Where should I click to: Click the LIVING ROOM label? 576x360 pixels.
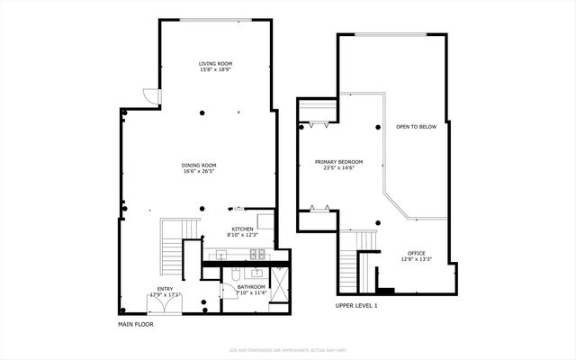click(x=215, y=63)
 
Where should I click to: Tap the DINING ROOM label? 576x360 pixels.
click(x=199, y=165)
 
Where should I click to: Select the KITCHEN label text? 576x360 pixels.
click(x=243, y=229)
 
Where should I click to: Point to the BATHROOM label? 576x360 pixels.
click(x=251, y=287)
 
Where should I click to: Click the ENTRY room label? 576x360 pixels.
click(x=165, y=289)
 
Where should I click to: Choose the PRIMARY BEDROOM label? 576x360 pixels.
click(x=337, y=163)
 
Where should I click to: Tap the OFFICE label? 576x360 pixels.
click(x=415, y=253)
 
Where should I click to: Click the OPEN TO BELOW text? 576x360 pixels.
click(x=416, y=127)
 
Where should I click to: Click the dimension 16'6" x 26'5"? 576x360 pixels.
click(x=199, y=171)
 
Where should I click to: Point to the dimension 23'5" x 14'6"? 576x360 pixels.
click(x=337, y=169)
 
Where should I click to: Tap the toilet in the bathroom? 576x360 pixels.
click(x=234, y=274)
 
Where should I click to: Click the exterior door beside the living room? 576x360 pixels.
click(x=151, y=95)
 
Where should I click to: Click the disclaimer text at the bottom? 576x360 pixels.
click(x=288, y=349)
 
